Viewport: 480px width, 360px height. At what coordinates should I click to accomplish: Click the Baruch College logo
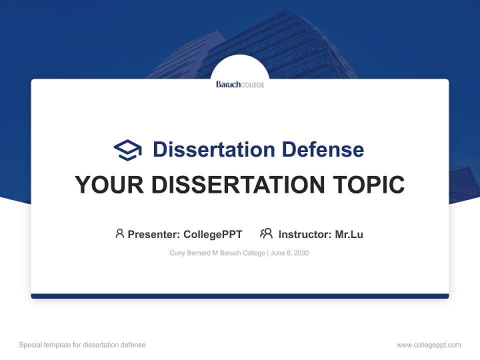(240, 84)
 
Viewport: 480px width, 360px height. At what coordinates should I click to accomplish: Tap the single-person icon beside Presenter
(119, 233)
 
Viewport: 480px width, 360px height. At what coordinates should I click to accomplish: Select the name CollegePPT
(212, 234)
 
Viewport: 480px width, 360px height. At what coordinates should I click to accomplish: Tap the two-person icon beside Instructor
(266, 233)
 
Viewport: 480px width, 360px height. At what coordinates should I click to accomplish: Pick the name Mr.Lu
(349, 234)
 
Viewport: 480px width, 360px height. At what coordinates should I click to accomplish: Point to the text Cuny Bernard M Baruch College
(217, 253)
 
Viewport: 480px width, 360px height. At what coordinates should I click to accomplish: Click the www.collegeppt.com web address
(428, 345)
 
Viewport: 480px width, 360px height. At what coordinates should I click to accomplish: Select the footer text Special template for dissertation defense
(82, 345)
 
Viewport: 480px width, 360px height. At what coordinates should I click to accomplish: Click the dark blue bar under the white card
(240, 296)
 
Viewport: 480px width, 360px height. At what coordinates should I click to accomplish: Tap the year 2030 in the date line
(301, 253)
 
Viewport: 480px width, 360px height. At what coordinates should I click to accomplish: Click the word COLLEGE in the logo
(252, 85)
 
